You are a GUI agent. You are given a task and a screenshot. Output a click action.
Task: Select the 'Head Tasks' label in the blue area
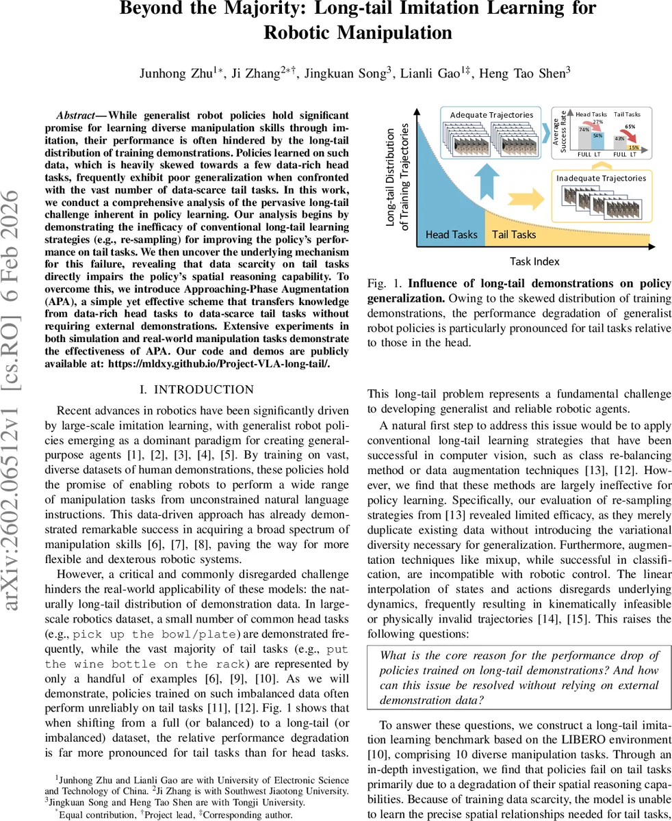click(x=452, y=235)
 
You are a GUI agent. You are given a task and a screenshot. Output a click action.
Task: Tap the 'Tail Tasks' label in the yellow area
click(x=514, y=235)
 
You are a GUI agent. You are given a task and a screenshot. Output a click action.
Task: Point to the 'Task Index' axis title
click(x=534, y=261)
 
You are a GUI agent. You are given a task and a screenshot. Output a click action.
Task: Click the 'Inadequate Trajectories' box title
click(x=601, y=178)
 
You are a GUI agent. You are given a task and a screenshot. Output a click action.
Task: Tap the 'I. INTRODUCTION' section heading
click(x=196, y=389)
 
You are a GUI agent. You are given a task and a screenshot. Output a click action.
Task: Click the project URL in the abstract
click(x=219, y=364)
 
